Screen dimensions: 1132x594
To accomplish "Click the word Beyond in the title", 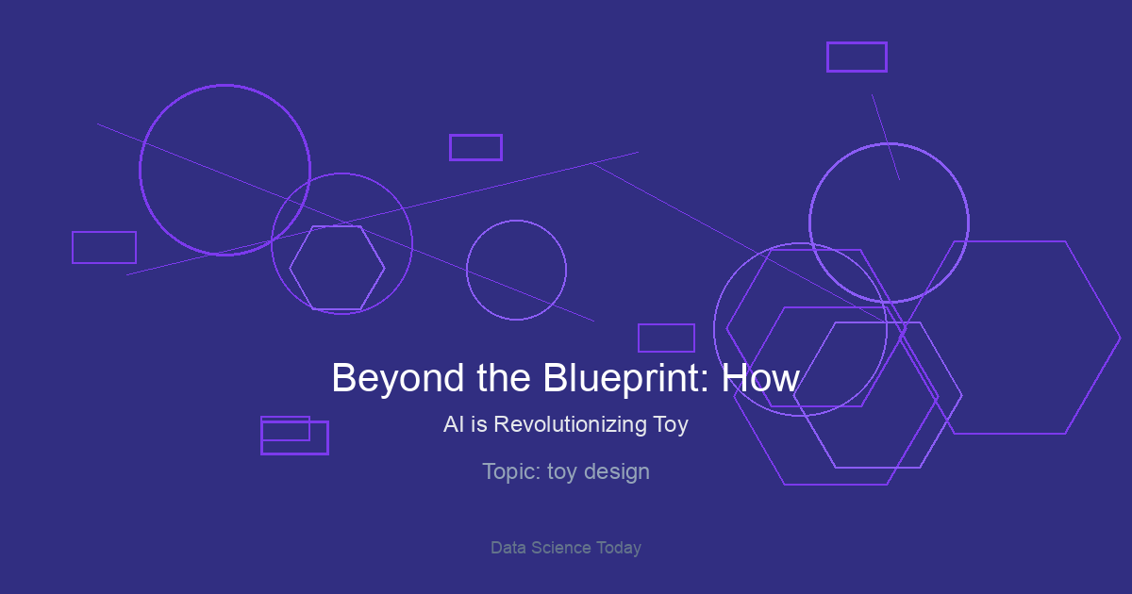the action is pos(398,378).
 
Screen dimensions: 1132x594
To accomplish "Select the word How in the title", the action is pos(760,378).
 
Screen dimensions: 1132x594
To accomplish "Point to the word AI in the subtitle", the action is pos(454,424).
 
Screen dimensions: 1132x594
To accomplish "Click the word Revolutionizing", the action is pos(570,424).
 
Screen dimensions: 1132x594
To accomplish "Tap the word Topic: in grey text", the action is pos(512,472).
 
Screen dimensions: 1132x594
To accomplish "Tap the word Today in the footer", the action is pos(619,549).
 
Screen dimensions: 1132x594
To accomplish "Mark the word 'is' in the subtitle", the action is pos(479,424).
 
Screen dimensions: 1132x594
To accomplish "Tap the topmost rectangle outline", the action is pos(857,43).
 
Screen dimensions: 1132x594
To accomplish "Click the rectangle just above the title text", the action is pos(667,324).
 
